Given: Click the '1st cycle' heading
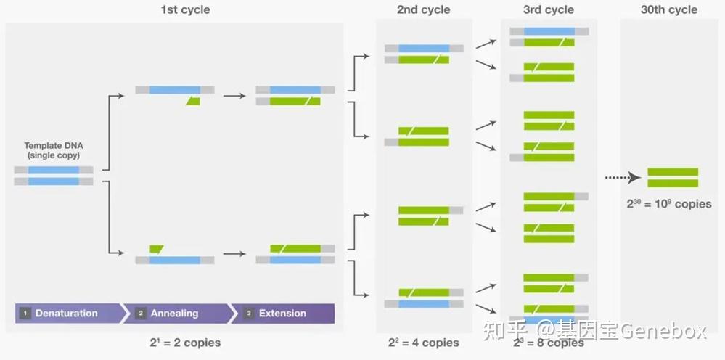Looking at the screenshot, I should point(185,10).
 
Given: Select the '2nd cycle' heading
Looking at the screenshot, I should point(423,10).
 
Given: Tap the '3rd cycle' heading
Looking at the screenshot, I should point(549,10).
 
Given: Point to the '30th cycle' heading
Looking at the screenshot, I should point(668,10).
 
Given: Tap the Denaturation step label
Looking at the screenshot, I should point(66,314).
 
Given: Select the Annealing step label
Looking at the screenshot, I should point(174,314).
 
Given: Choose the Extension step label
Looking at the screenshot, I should point(282,314).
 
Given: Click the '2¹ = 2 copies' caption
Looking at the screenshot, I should point(185,342).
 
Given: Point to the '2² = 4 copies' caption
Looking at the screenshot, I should point(423,342).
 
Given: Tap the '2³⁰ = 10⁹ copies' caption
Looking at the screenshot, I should point(669,204).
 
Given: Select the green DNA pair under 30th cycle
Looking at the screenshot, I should point(673,178).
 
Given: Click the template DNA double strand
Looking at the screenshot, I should point(54,176).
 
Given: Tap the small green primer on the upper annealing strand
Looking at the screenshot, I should point(192,102).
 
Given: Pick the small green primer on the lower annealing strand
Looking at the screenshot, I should point(156,249).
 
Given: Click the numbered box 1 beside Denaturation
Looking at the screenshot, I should point(25,314).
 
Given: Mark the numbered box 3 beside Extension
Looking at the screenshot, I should point(249,314).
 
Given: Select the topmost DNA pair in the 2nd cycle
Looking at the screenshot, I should point(424,54).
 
